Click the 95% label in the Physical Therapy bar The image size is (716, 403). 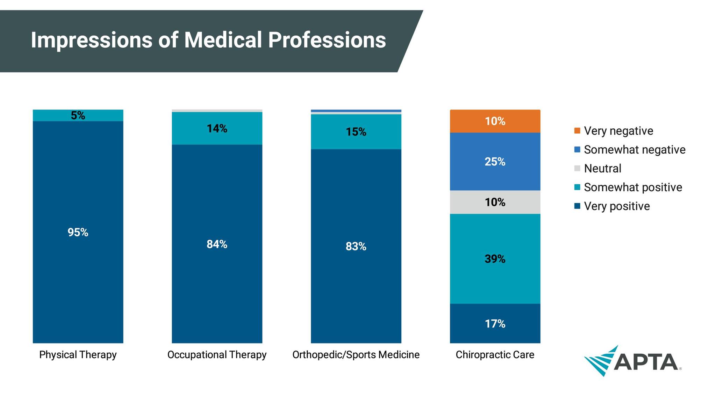point(78,232)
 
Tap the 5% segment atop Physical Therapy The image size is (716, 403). point(78,115)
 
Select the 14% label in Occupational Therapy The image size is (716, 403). point(217,129)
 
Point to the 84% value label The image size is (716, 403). point(217,244)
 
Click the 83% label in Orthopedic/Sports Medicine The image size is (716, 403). point(356,247)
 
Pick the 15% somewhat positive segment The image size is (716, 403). point(356,132)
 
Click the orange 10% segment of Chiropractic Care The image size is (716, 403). point(495,121)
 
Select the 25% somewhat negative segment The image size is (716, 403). point(495,162)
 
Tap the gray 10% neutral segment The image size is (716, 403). point(495,202)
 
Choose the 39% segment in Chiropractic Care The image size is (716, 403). point(495,259)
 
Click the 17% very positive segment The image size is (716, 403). point(495,324)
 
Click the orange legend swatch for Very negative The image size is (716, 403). point(577,131)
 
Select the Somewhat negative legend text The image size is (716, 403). point(635,150)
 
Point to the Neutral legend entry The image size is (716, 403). point(602,169)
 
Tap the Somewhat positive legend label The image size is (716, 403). point(633,188)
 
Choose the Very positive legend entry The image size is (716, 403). point(617,206)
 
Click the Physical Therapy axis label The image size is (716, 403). point(78,355)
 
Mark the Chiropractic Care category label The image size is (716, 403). point(495,355)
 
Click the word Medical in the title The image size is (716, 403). point(223,40)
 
